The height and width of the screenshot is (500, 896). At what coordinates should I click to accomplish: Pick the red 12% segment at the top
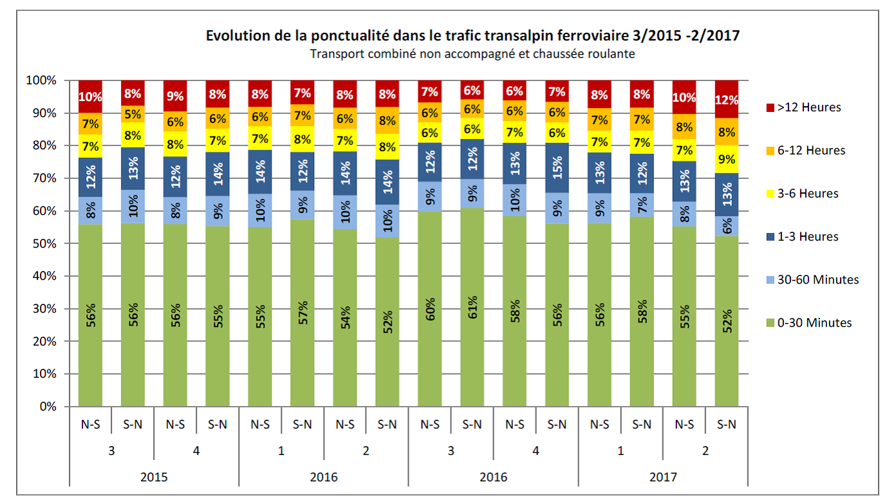pyautogui.click(x=727, y=100)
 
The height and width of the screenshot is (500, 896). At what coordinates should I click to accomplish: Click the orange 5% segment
pyautogui.click(x=133, y=114)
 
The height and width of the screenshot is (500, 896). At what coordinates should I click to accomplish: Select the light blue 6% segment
pyautogui.click(x=727, y=226)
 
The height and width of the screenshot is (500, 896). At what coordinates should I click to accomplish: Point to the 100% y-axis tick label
pyautogui.click(x=41, y=80)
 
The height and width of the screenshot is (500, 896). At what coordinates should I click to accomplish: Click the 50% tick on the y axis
pyautogui.click(x=44, y=244)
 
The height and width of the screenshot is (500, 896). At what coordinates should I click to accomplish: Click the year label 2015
pyautogui.click(x=154, y=477)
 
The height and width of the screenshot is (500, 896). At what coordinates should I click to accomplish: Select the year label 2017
pyautogui.click(x=663, y=477)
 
